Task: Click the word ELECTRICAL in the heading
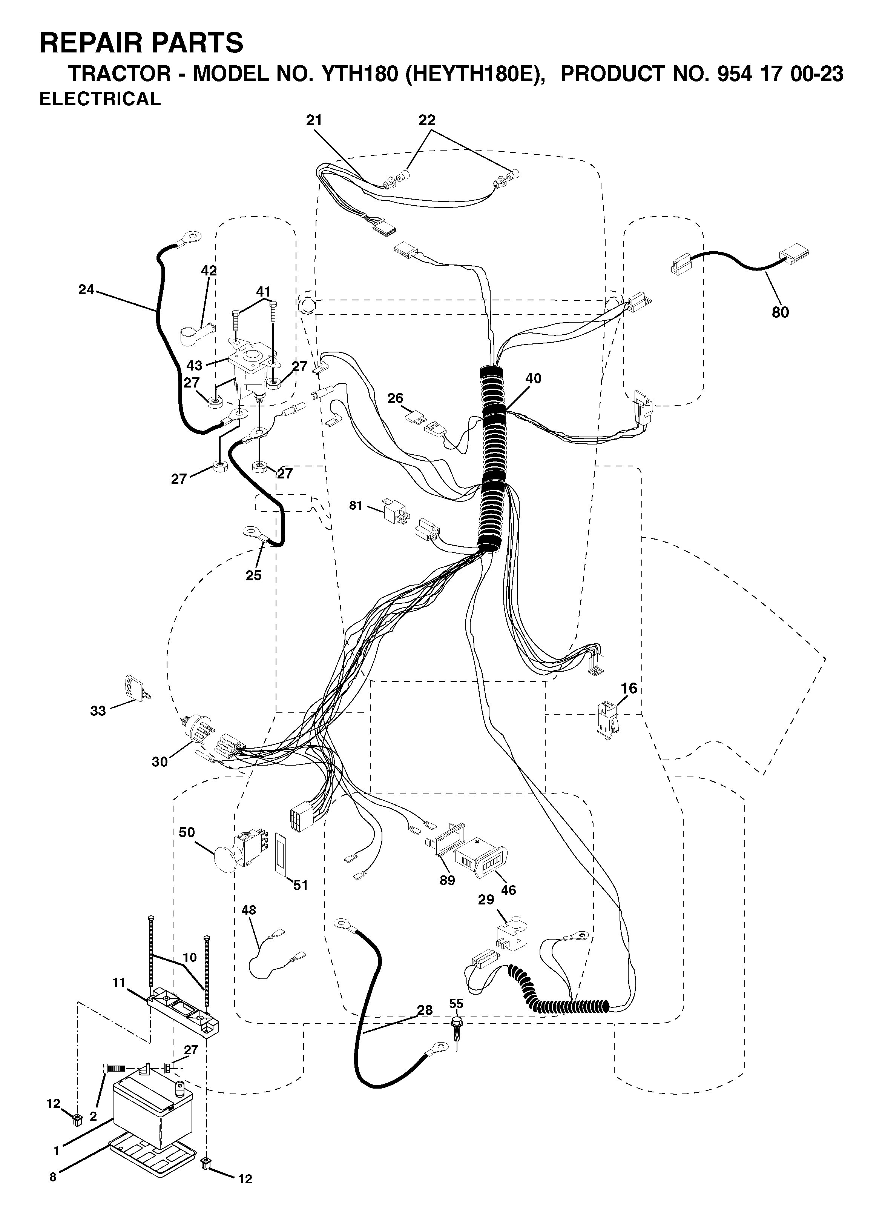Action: pyautogui.click(x=100, y=99)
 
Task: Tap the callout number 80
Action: pyautogui.click(x=780, y=312)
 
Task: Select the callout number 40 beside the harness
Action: pyautogui.click(x=533, y=378)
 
